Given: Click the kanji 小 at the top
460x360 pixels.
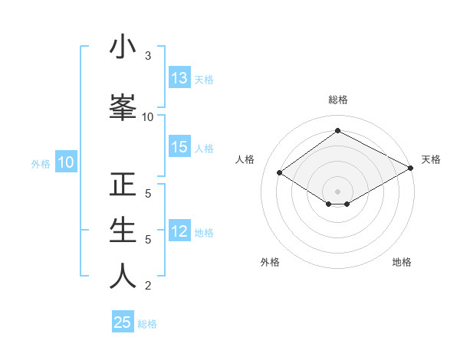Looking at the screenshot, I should coord(123,47).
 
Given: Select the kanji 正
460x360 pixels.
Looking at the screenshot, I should coord(123,185).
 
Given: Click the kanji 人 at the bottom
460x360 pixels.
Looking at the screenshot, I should coord(123,276).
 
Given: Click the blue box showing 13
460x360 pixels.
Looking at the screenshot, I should coord(179,78).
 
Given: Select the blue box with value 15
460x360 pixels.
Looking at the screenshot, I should coord(179,148).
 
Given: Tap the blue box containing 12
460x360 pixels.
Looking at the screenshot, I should coord(179,232).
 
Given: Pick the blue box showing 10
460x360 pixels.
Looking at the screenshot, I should coord(65,162).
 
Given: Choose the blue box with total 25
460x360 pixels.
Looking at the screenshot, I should coord(123,322).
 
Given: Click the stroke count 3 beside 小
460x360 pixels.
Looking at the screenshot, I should coord(148,56).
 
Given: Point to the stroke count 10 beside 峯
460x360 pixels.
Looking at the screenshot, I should coord(148,116).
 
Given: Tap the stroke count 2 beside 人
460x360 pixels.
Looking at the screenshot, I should coord(148,286).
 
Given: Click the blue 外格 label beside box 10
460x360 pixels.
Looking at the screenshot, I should coord(40,163).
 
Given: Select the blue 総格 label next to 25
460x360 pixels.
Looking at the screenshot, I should coord(147,323).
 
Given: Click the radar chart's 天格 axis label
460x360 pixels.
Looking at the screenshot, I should coord(431,159).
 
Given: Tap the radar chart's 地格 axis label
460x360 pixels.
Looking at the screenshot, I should coord(402,262).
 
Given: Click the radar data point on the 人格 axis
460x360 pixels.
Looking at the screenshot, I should coord(280,173).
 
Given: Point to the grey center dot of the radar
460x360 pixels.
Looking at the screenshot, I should coord(337,191).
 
